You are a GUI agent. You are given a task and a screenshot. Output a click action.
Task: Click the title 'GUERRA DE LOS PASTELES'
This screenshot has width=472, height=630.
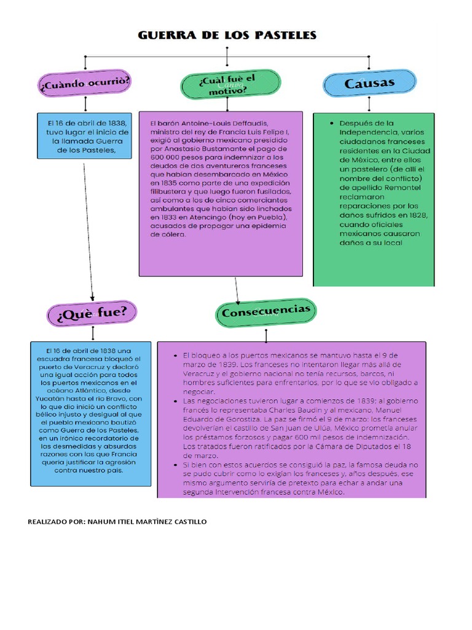(x=227, y=35)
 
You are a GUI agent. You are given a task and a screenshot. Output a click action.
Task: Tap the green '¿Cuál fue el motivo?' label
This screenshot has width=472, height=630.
(x=230, y=84)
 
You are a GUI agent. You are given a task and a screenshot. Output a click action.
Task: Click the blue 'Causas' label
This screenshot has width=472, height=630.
(x=369, y=82)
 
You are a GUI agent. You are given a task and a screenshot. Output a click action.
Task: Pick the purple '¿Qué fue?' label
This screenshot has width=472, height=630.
(x=92, y=313)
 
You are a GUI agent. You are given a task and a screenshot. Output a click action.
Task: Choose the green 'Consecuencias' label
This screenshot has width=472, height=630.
(x=266, y=312)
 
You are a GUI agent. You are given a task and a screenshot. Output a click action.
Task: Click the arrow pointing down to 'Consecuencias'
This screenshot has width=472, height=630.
(x=237, y=289)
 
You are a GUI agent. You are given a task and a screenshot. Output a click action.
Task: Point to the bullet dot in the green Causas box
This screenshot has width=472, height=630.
(x=332, y=123)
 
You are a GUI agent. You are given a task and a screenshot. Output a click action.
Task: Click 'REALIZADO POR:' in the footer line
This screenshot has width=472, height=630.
(x=55, y=522)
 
